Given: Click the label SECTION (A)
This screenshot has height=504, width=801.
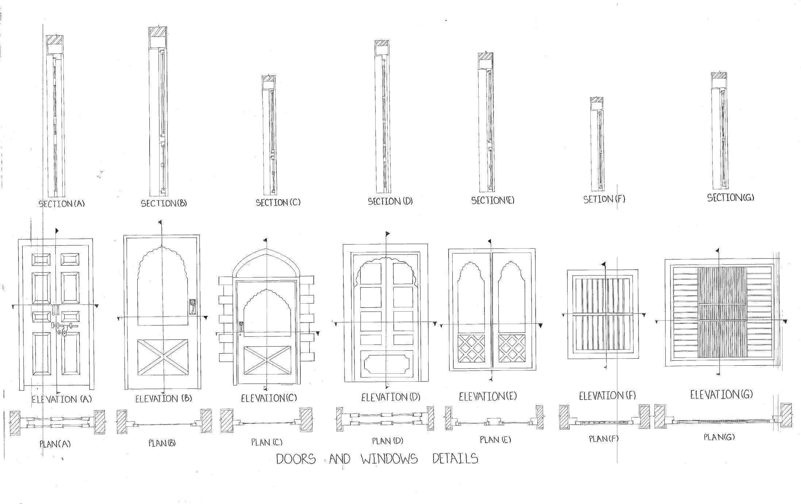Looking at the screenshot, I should [x=61, y=204].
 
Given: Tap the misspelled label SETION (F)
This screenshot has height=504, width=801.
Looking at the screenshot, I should [x=604, y=199].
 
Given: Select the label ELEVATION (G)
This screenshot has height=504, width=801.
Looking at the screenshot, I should [x=721, y=395].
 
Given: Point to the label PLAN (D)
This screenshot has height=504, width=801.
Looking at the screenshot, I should [x=387, y=441].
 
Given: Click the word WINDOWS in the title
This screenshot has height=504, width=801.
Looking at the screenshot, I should [x=389, y=459].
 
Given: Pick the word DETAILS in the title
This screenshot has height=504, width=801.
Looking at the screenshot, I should [x=455, y=458].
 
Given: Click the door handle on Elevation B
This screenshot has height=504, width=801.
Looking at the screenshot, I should [x=192, y=307].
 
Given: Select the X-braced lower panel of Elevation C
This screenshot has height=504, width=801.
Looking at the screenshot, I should [x=267, y=360].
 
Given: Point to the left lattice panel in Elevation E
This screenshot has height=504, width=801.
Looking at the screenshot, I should [x=471, y=348].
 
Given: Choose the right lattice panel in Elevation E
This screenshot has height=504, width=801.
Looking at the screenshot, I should [x=511, y=348].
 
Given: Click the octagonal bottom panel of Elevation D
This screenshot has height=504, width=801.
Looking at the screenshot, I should [x=387, y=364].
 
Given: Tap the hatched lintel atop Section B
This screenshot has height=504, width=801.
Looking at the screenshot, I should [x=158, y=32].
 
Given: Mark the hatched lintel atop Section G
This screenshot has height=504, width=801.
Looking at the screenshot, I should [x=718, y=76].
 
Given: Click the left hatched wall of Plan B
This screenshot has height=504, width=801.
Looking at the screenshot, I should [x=122, y=422].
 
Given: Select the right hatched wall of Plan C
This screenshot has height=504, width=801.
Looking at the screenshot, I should [x=306, y=420].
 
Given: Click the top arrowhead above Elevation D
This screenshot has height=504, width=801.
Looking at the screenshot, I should [x=387, y=234].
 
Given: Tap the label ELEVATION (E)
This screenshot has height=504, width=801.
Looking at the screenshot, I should [x=488, y=396].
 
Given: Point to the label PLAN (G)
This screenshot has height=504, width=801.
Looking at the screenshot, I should [x=719, y=437].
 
